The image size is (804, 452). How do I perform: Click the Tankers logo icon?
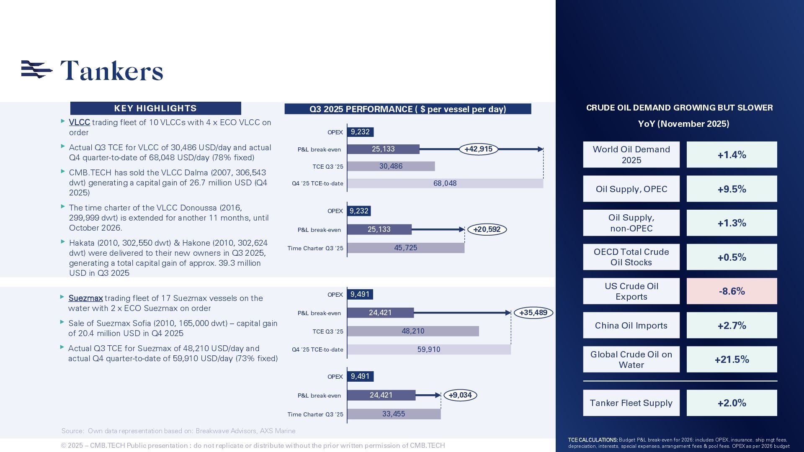pos(37,69)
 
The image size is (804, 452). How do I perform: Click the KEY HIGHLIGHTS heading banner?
pos(155,108)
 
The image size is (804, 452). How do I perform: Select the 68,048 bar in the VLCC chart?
pos(445,183)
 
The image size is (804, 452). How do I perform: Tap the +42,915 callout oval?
pos(478,149)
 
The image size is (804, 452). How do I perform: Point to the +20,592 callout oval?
pos(487,229)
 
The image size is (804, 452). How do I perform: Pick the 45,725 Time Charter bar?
pos(405,248)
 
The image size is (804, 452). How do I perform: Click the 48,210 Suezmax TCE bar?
pos(413,331)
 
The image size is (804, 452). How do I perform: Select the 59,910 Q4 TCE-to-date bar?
pos(429,349)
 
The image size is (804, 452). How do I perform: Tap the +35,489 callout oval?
pos(533,313)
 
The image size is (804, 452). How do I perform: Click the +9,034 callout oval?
pos(460,395)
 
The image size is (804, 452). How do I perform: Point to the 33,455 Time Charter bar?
pos(394,414)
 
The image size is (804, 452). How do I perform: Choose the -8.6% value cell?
pos(732,291)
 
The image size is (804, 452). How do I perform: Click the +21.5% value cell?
pos(732,360)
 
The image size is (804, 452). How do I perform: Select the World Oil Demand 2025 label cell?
pos(631,155)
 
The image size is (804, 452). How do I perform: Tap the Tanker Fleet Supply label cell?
pos(631,403)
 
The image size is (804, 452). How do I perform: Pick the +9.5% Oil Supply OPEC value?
pos(732,189)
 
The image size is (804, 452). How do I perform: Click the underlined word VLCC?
pos(80,123)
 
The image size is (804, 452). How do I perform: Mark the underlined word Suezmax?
pos(86,298)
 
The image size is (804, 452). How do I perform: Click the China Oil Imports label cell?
pos(631,326)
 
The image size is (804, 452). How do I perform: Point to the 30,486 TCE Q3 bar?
pos(391,166)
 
